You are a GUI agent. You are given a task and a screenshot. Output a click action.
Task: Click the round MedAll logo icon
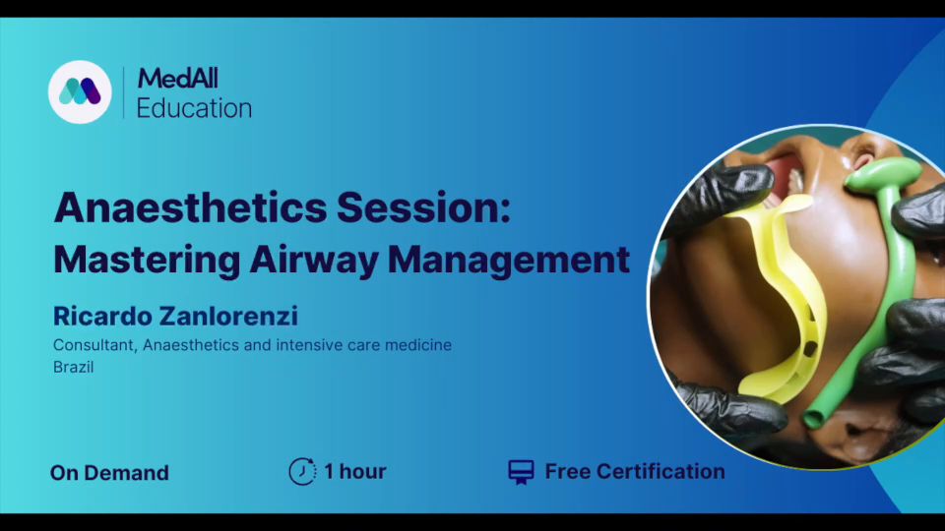pos(80,91)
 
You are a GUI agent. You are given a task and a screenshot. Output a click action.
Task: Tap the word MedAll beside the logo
pos(178,79)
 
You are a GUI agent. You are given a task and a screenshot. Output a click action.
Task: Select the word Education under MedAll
pos(194,108)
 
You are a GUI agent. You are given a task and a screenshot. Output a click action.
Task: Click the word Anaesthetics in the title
pos(190,207)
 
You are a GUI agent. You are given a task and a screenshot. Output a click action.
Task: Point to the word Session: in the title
pos(423,207)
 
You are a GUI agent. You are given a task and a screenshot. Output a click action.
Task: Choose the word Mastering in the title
pos(147,260)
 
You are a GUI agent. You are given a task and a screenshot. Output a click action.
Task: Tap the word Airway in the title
pos(313,261)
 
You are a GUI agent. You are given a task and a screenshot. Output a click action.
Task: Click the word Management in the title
pos(509,261)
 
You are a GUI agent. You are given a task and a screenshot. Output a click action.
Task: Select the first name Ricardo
pos(100,316)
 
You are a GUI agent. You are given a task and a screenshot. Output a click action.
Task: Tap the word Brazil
pos(74,367)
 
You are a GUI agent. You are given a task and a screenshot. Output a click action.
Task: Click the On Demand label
pos(109,473)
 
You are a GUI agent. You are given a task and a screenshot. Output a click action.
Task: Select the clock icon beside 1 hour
pos(302,471)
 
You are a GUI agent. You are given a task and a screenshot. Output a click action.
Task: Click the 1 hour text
pos(355,471)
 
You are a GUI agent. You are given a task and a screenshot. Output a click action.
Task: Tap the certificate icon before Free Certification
pos(522,472)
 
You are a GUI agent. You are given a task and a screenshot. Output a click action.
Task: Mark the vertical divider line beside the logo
pos(124,92)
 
